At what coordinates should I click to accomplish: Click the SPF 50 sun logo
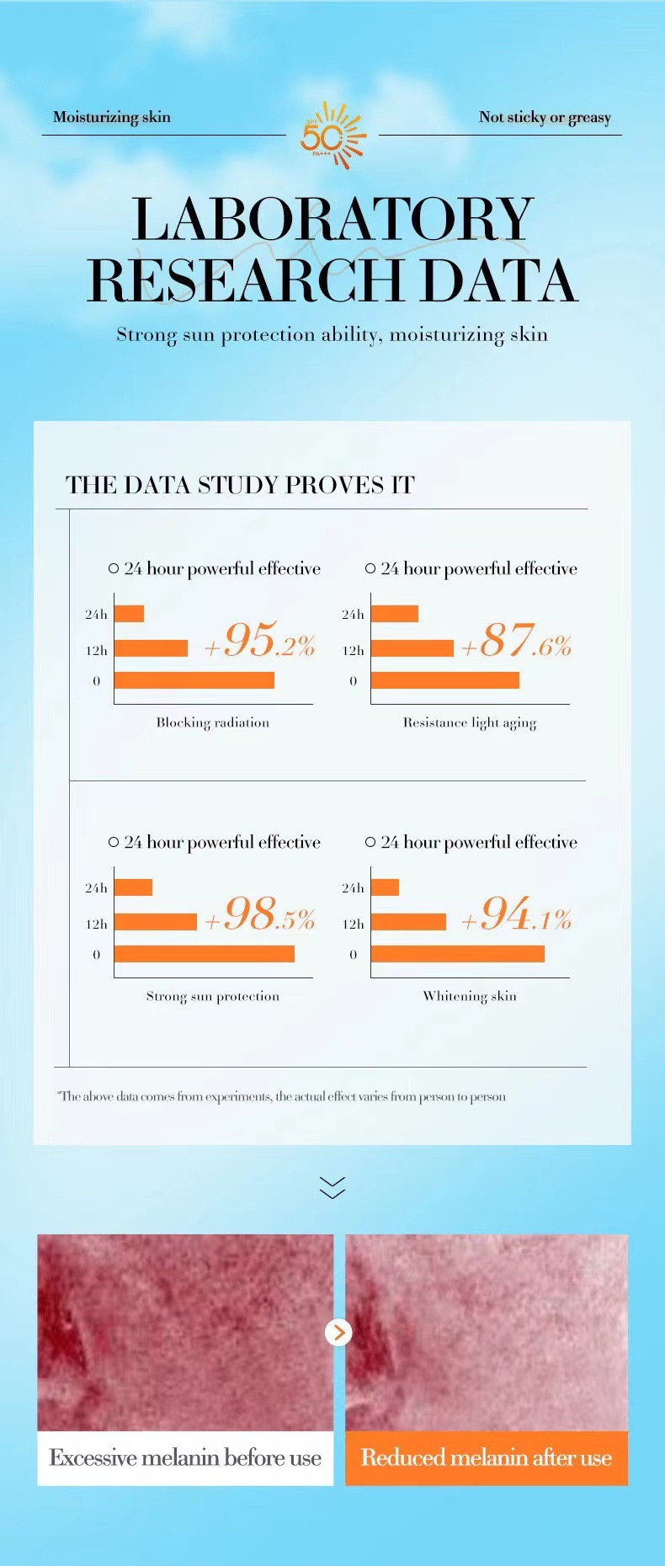[x=332, y=135]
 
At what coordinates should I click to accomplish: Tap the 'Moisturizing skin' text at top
[x=111, y=117]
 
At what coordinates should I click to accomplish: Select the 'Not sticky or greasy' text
[x=545, y=118]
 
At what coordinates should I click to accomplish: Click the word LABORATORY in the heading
[x=332, y=220]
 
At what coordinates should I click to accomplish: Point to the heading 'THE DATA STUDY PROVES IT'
[x=240, y=485]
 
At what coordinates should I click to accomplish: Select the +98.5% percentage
[x=260, y=914]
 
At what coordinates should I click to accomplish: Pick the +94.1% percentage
[x=516, y=914]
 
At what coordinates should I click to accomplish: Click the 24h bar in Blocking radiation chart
[x=129, y=614]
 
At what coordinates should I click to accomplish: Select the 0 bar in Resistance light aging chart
[x=444, y=680]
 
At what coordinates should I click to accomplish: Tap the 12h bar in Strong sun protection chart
[x=155, y=922]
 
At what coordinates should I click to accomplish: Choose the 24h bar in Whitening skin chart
[x=385, y=887]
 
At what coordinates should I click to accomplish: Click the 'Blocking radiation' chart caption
[x=212, y=722]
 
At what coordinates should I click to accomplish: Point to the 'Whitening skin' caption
[x=470, y=996]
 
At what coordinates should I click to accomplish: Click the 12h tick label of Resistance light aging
[x=353, y=650]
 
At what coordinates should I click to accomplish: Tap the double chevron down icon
[x=332, y=1187]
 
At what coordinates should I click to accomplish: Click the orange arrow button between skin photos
[x=338, y=1332]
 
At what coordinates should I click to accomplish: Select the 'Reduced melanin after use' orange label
[x=487, y=1457]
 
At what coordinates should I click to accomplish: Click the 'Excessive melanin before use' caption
[x=185, y=1457]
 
